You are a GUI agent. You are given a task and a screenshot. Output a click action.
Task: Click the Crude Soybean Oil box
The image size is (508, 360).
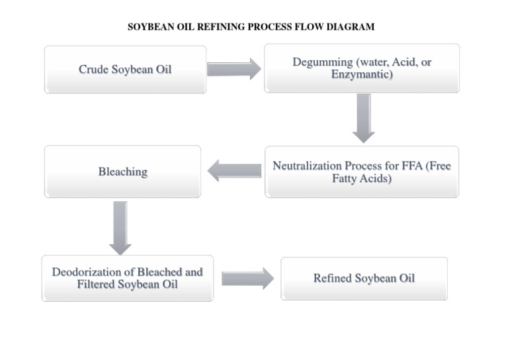(125, 69)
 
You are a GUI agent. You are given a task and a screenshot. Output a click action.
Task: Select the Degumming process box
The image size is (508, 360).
(362, 68)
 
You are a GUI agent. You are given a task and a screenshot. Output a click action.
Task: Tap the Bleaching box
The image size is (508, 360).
(122, 171)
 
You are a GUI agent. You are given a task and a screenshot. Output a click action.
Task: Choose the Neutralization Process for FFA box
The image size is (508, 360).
(362, 172)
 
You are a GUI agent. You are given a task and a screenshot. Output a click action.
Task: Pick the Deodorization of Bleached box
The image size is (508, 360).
(128, 278)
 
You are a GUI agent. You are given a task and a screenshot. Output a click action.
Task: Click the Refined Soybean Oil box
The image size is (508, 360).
(364, 278)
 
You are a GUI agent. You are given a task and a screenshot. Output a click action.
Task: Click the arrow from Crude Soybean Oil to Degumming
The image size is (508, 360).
(234, 69)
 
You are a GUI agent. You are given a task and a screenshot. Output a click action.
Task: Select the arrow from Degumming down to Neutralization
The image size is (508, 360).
(363, 118)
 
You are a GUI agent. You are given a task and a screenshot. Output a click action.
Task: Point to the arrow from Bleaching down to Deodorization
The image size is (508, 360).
(120, 228)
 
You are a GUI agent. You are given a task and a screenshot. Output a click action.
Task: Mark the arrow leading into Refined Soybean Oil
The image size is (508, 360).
(247, 278)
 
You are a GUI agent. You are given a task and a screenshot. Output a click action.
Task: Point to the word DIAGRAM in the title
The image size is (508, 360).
(351, 27)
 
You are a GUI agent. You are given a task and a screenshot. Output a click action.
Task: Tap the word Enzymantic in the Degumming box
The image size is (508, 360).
(362, 75)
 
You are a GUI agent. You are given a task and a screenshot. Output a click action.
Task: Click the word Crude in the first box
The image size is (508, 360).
(93, 69)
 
